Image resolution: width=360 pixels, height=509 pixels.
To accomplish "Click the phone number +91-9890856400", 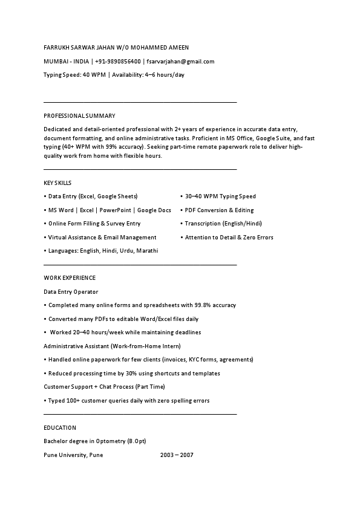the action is [x=118, y=61].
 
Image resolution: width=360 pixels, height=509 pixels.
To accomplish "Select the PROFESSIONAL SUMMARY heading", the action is [x=79, y=115].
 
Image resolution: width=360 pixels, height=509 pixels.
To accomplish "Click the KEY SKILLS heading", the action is [x=57, y=183].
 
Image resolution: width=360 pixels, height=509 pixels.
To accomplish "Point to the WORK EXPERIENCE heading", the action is [x=70, y=278].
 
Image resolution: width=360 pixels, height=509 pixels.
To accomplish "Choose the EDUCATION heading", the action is [x=60, y=428].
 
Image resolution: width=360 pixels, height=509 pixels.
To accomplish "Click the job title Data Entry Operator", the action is [x=71, y=292].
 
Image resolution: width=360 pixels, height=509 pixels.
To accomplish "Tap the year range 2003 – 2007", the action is [x=177, y=455].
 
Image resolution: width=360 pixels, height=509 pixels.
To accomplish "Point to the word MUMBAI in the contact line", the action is [x=55, y=61].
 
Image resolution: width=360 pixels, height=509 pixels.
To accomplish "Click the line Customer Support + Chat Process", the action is [x=104, y=386].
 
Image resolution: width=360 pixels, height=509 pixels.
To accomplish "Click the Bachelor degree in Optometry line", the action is [x=95, y=441].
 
